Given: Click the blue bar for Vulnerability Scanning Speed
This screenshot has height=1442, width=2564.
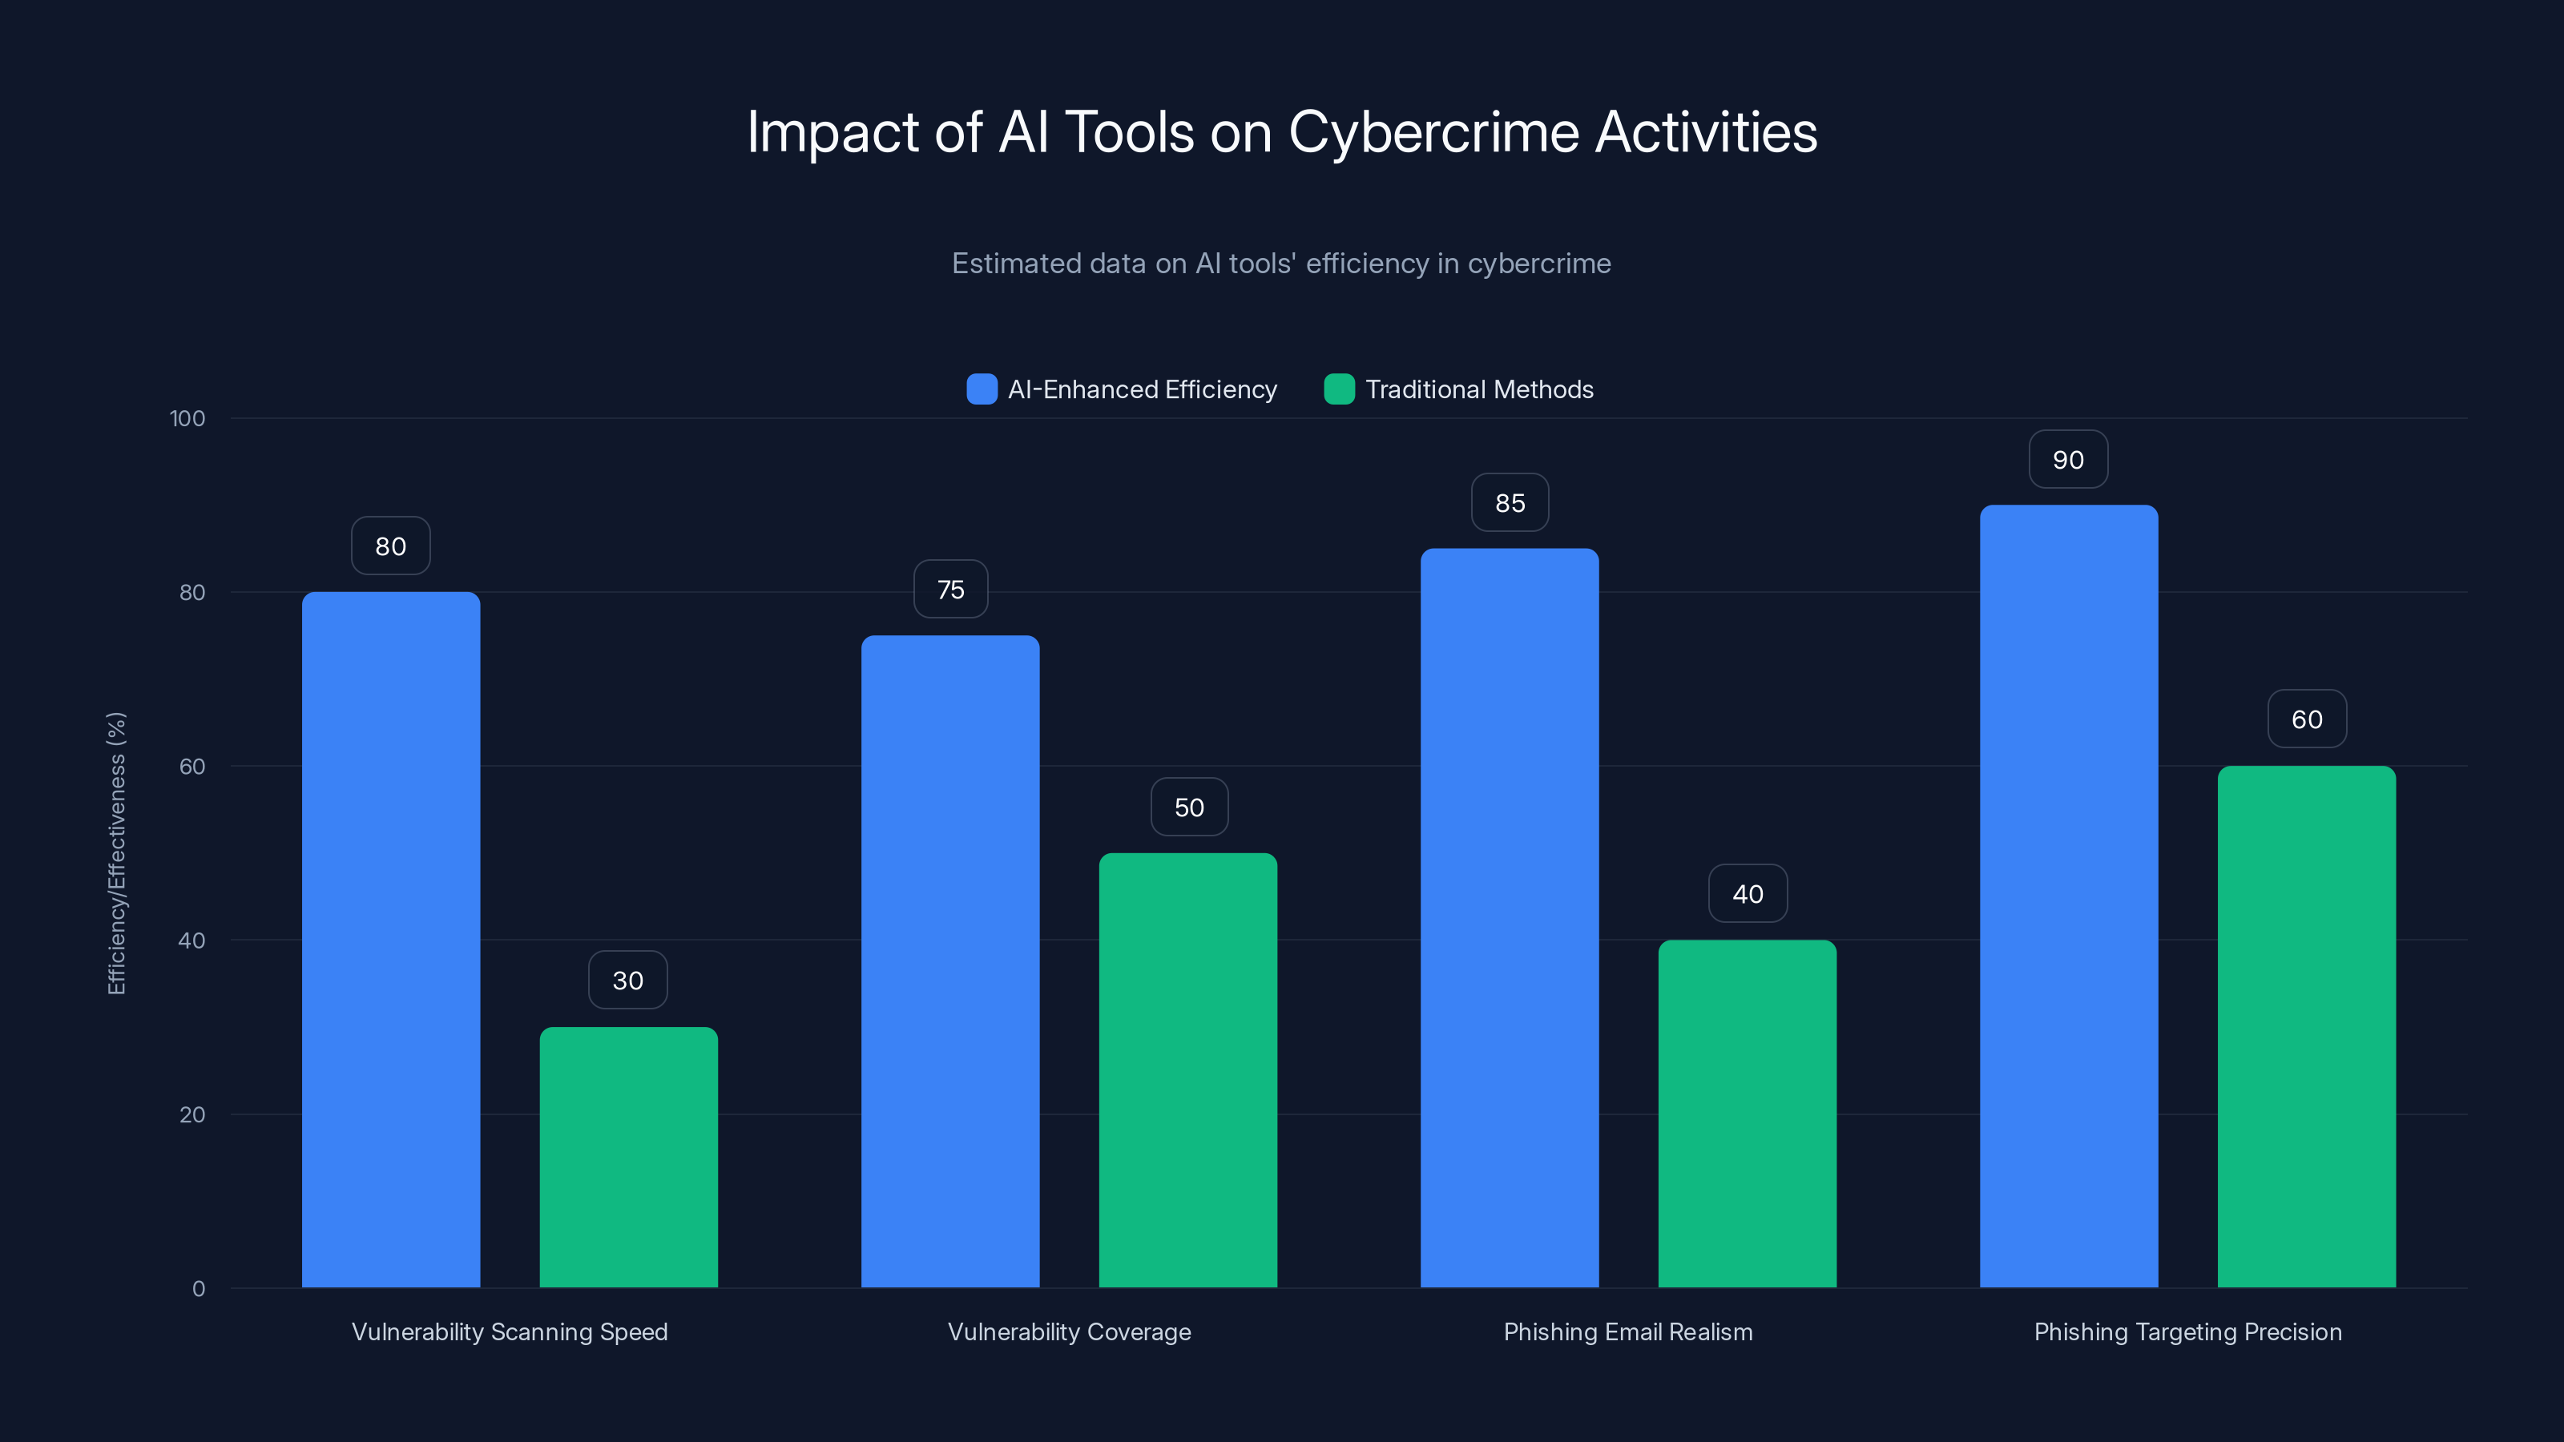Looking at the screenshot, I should tap(390, 940).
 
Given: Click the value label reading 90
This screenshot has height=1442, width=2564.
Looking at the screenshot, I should tap(2068, 460).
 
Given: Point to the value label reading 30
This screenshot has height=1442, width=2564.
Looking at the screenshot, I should tap(628, 981).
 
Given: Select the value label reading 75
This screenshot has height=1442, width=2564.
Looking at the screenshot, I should tap(950, 589).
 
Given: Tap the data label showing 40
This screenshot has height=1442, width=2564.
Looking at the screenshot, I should tap(1748, 894).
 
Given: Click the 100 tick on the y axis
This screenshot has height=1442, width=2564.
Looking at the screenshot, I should tap(187, 418).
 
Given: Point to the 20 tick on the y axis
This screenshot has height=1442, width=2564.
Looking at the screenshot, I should tap(192, 1114).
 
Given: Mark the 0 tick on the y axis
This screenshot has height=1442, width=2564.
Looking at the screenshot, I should tap(198, 1289).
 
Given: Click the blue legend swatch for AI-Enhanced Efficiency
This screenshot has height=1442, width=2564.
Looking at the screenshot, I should tap(982, 389).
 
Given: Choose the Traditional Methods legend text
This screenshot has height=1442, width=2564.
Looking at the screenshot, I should tap(1479, 389).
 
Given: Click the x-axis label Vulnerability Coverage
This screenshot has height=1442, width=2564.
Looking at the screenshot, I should tap(1069, 1331).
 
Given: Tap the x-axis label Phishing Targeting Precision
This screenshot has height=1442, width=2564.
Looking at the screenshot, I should tap(2187, 1331).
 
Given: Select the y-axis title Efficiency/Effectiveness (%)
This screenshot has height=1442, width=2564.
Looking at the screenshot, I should tap(116, 853).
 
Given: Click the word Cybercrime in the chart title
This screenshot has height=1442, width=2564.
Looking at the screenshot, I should tap(1433, 132).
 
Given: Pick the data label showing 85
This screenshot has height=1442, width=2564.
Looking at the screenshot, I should tap(1510, 502).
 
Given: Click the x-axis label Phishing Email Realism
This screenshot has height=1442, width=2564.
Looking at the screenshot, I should tap(1627, 1331).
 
